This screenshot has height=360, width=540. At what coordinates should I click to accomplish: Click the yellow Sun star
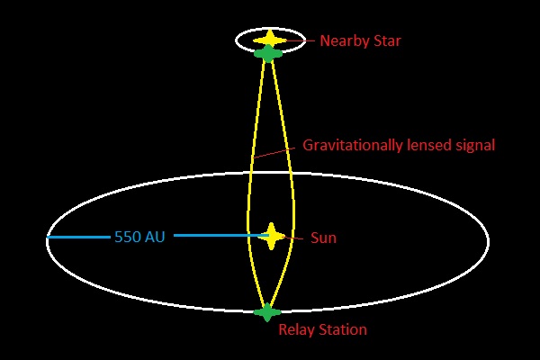272,237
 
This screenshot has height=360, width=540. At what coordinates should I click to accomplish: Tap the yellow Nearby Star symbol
270,40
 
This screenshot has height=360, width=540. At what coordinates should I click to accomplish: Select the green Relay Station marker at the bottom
267,312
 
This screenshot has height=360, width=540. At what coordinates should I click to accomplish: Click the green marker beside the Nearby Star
268,53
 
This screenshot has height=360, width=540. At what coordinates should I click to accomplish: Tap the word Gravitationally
353,146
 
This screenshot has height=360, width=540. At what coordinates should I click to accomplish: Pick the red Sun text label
323,238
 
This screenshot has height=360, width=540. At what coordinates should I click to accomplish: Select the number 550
128,237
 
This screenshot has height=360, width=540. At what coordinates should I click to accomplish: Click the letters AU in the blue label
154,237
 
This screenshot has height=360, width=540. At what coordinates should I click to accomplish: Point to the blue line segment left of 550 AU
78,237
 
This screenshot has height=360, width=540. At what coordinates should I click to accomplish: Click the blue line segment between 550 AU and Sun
221,236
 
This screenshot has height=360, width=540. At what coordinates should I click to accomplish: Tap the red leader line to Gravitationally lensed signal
274,153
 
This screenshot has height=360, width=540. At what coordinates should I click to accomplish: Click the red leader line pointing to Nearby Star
300,40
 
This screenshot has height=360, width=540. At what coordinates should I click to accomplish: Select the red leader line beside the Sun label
292,238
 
